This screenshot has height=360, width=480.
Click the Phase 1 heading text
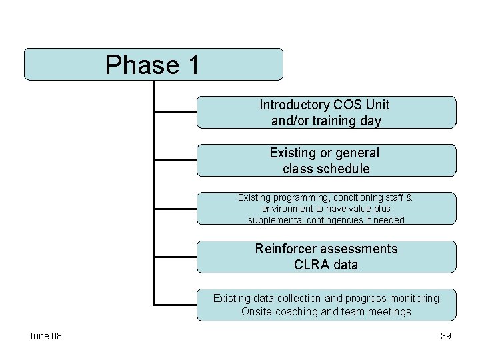pyautogui.click(x=152, y=65)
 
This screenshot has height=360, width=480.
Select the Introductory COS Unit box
pyautogui.click(x=327, y=112)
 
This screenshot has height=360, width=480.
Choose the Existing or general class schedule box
pyautogui.click(x=327, y=161)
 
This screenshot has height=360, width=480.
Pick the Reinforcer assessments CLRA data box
pyautogui.click(x=327, y=257)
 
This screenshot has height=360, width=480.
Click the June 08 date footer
pyautogui.click(x=45, y=336)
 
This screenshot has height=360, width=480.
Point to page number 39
pyautogui.click(x=446, y=336)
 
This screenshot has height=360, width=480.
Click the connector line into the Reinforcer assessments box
pyautogui.click(x=175, y=257)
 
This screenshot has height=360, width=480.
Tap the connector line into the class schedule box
pyautogui.click(x=175, y=161)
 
